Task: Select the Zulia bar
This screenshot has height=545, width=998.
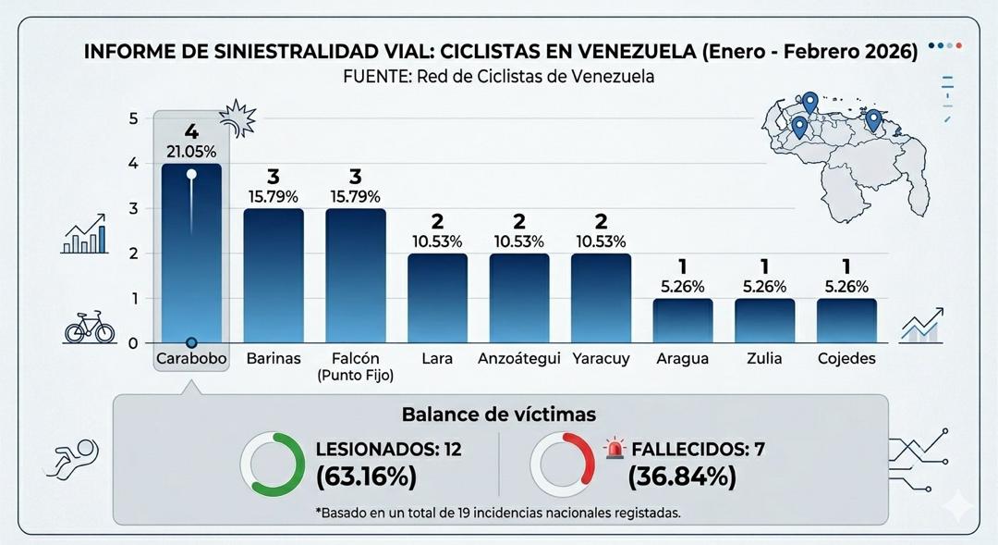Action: point(765,320)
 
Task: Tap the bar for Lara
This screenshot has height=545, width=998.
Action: point(437,298)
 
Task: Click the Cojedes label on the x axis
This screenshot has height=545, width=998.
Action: point(846,358)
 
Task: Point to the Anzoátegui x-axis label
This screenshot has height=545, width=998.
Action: point(519,358)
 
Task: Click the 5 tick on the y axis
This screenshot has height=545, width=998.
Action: point(133,118)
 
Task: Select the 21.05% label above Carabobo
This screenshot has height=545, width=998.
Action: point(191,152)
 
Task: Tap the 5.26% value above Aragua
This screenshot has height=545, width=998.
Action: point(683,287)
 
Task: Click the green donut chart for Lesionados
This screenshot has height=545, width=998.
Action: point(273,464)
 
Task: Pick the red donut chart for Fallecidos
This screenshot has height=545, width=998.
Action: point(563,464)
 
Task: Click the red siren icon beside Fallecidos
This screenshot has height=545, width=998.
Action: point(615,450)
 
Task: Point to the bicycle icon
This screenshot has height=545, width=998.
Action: point(90,328)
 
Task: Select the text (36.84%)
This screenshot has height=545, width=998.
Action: point(682,477)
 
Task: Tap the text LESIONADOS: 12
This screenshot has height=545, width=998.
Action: point(388,451)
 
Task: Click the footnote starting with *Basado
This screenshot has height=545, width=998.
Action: point(498,512)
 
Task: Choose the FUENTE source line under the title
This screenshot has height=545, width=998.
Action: point(499,77)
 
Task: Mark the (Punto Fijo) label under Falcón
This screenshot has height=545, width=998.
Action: point(356,376)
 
